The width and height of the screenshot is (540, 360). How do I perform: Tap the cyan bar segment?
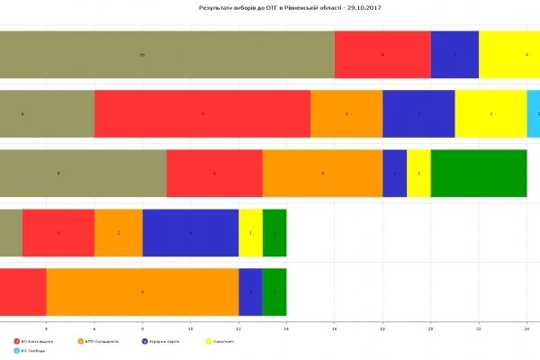pos(534,114)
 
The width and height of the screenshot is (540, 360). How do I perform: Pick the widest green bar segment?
pos(479,173)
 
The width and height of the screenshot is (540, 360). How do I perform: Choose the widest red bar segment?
pos(202,114)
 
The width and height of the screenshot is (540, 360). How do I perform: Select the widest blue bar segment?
pos(191,232)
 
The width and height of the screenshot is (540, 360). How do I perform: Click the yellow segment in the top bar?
pos(509,55)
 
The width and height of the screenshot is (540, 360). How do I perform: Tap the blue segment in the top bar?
pos(454,55)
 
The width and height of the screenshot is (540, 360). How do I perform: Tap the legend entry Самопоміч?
pos(226,341)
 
